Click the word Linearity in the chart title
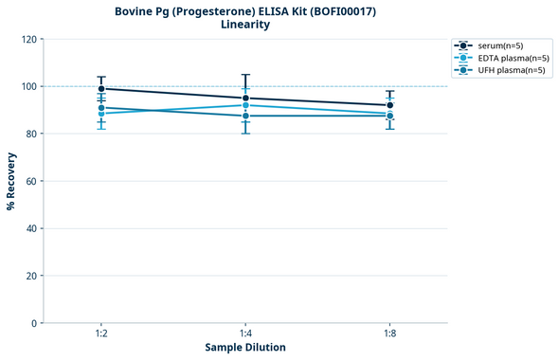245,25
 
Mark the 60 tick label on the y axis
31,181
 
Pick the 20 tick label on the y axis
31,276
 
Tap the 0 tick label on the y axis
34,323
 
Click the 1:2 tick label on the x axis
101,334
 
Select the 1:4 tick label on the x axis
245,334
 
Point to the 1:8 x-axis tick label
389,334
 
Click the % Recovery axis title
11,181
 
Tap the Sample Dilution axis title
245,348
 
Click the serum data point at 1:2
101,89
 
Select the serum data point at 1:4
245,99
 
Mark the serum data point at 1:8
389,105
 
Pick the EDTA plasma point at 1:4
245,105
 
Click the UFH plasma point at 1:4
245,116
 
